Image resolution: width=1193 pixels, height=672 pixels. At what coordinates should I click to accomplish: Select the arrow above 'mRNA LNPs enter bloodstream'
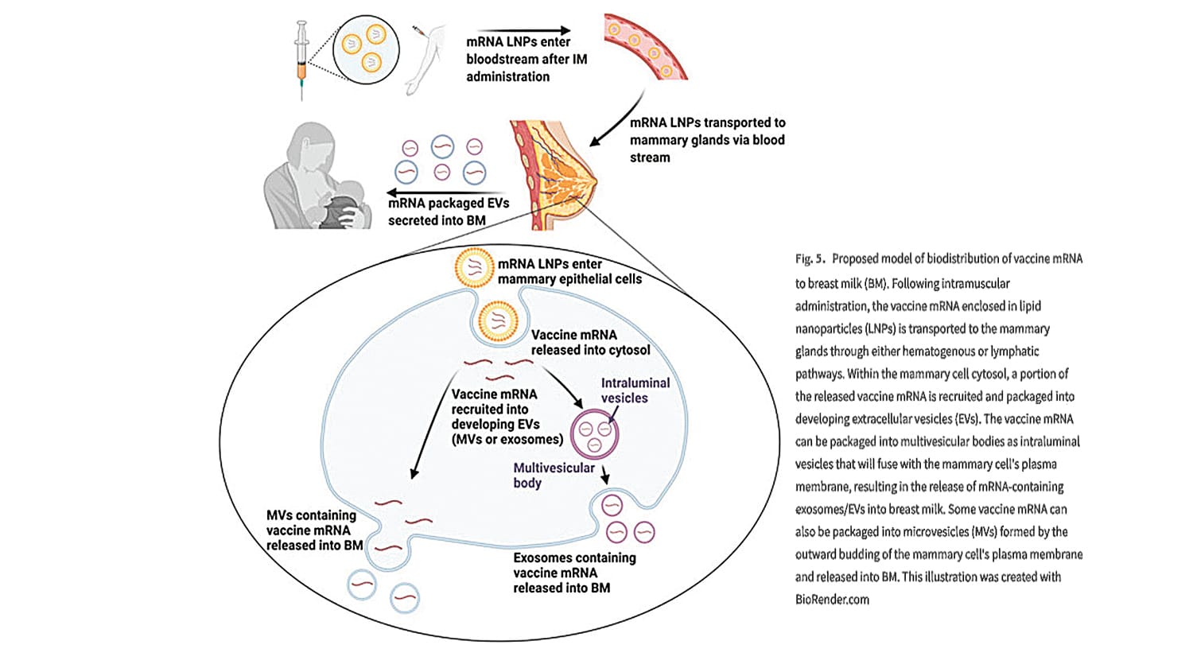coord(523,31)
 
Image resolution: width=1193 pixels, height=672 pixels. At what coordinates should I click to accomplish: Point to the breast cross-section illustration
coord(554,175)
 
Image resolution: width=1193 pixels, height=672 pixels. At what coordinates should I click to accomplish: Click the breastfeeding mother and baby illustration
coord(318,176)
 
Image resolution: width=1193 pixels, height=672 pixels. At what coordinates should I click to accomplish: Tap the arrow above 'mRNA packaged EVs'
coord(446,192)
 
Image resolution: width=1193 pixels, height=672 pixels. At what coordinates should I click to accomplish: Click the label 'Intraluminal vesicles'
coord(635,390)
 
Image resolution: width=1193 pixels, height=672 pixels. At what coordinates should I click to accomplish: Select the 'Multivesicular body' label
coord(554,475)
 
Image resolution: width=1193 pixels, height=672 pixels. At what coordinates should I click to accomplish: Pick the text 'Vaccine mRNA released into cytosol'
coord(591,343)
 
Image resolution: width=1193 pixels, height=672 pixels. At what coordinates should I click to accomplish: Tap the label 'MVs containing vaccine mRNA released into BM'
coord(315,530)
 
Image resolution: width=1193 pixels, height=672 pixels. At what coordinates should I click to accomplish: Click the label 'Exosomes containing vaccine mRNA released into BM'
coord(575,573)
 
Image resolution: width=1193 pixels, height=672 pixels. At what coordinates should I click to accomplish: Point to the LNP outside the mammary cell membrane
coord(474,268)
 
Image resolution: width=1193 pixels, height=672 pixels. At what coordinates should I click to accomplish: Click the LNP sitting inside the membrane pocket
coord(498,321)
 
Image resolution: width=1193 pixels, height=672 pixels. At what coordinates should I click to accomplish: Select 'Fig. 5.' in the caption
coord(810,259)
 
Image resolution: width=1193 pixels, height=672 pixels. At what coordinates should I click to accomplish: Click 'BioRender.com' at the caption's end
coord(833,600)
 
